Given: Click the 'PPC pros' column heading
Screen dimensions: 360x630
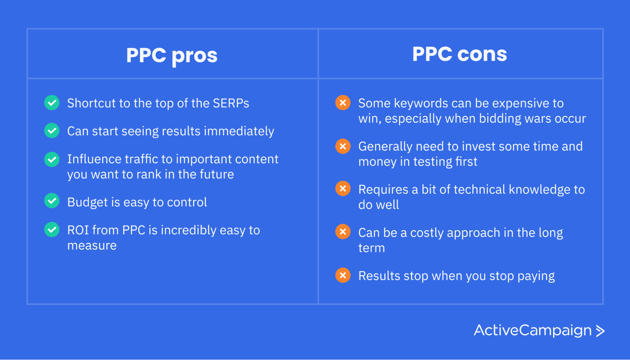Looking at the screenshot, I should (x=172, y=55).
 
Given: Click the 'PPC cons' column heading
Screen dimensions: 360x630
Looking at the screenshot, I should (x=460, y=54).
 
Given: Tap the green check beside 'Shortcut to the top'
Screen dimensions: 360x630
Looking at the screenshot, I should (x=52, y=103).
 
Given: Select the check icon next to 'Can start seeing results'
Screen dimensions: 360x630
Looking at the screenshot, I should (x=52, y=131).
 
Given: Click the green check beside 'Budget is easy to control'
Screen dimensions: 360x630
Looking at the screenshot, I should (x=52, y=201).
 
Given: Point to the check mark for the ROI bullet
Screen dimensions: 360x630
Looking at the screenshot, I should (x=52, y=230).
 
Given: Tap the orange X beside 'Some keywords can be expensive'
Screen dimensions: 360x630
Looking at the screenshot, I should (x=343, y=103).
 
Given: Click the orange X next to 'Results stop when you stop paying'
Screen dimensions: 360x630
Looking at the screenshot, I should (x=343, y=275).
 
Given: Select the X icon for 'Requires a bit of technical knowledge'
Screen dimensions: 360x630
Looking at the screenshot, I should (x=343, y=189).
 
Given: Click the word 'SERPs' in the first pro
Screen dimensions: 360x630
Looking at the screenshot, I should (x=231, y=103).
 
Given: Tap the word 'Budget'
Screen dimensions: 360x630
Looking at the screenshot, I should (x=87, y=202).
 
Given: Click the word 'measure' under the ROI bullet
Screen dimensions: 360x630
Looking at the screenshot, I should (x=92, y=246).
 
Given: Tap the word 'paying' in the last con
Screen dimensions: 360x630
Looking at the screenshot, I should (x=536, y=276).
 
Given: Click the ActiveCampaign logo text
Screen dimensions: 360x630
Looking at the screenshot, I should (x=532, y=330).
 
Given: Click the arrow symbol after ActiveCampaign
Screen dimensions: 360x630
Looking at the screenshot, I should (x=600, y=331).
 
